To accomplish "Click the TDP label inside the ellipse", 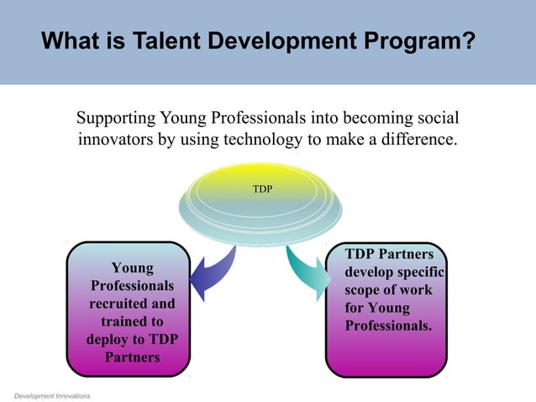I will click(x=262, y=189).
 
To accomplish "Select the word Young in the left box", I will click(x=133, y=268).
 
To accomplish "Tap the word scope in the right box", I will click(x=365, y=290).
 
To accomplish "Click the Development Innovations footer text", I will click(x=52, y=394).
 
